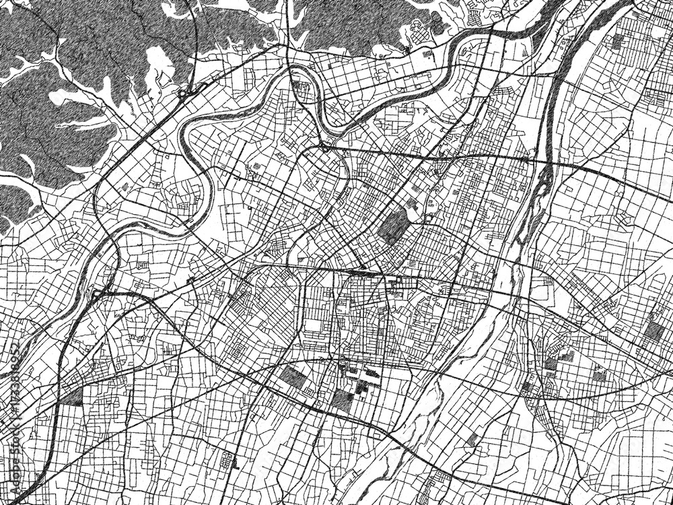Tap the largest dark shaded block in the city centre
tap(394, 226)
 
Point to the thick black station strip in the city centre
tap(363, 273)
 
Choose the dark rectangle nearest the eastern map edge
tap(653, 330)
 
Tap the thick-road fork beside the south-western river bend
tap(98, 293)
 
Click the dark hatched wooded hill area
tap(54, 121)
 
